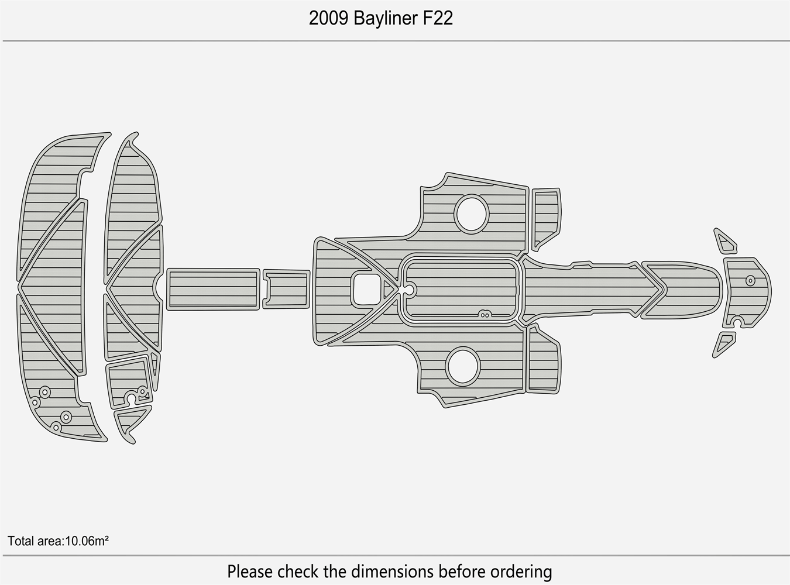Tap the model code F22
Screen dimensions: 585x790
pos(435,19)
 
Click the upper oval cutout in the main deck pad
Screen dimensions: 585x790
pos(472,214)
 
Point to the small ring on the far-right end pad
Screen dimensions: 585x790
pos(750,281)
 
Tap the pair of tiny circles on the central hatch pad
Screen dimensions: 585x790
pos(484,314)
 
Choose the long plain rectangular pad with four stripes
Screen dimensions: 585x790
pos(213,289)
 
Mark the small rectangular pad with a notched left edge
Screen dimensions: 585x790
pos(286,288)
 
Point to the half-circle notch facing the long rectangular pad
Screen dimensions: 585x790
pos(159,286)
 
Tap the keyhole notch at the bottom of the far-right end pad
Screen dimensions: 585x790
pos(737,323)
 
